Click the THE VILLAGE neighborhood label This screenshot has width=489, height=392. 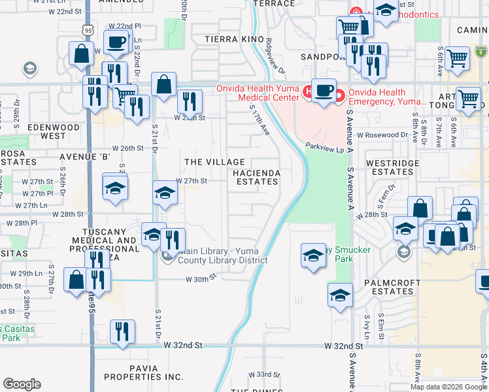214,161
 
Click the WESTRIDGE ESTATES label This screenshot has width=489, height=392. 390,168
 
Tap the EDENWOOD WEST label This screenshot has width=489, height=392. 54,131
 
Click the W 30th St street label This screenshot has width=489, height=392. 200,279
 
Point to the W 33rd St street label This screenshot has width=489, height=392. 264,374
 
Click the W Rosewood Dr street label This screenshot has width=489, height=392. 382,135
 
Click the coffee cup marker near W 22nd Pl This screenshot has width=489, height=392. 116,43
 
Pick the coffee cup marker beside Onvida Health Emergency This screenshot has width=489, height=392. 323,89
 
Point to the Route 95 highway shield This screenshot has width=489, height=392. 87,29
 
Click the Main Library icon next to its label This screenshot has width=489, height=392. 167,256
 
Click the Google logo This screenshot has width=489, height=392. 22,384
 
